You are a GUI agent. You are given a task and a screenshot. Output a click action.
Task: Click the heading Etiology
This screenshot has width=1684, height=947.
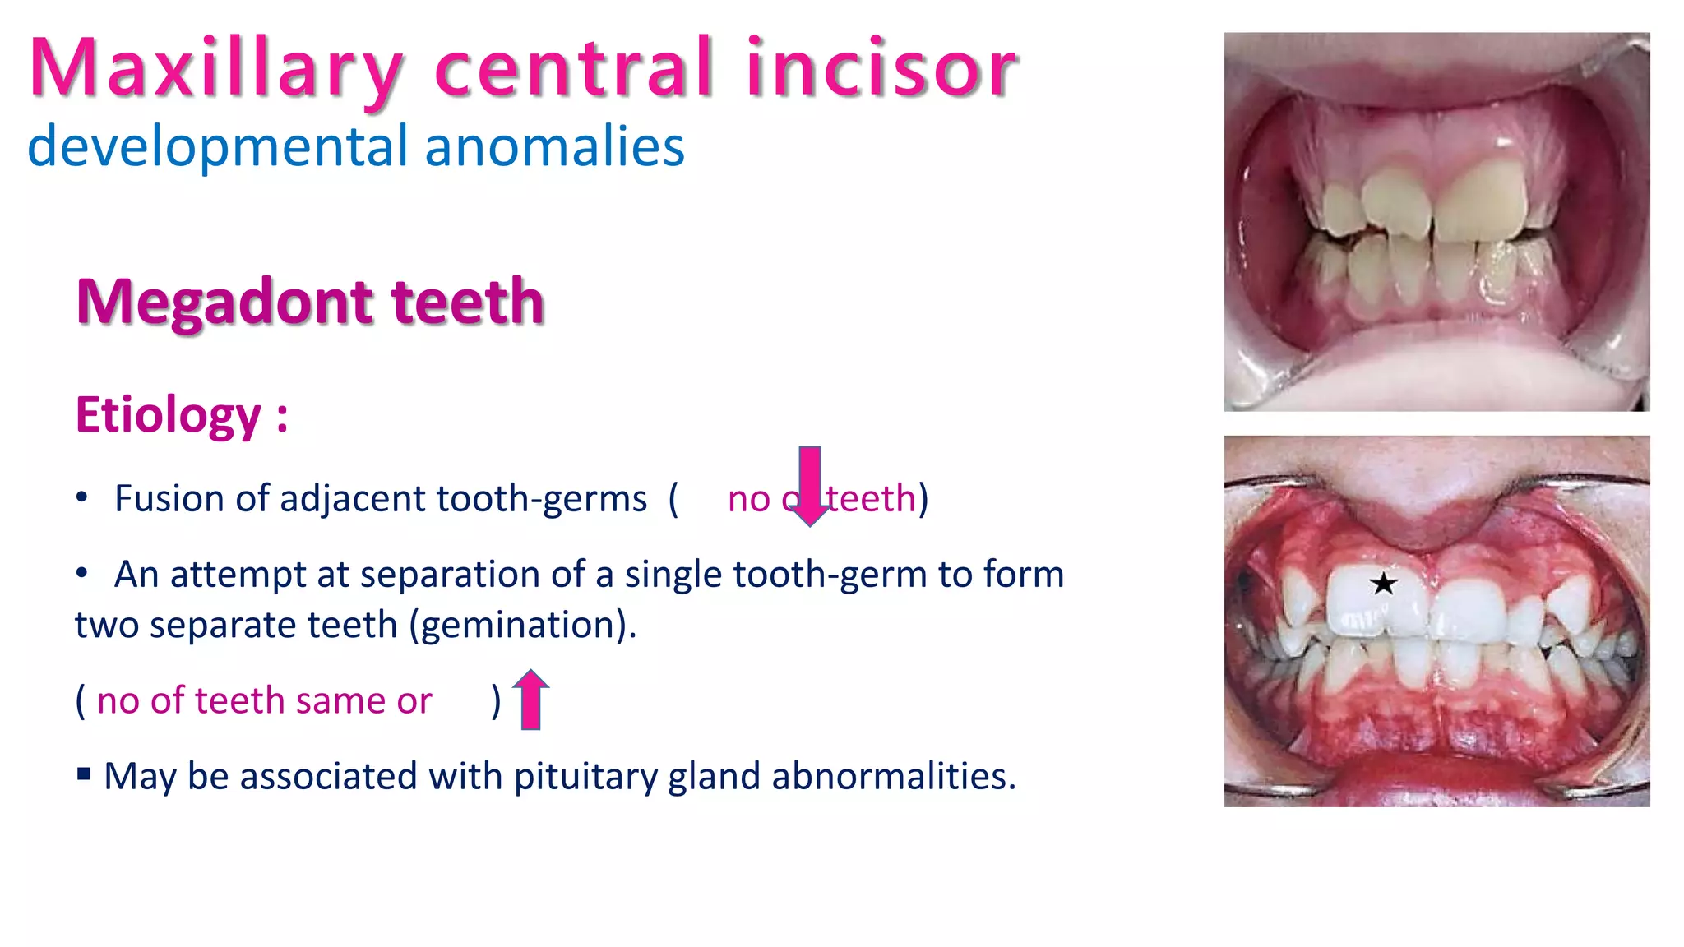tap(169, 415)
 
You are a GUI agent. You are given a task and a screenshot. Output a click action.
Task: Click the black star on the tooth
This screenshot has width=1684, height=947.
tap(1383, 584)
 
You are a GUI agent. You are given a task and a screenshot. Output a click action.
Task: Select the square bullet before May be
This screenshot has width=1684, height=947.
tap(83, 774)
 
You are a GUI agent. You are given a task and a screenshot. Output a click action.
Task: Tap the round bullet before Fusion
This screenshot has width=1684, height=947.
tap(81, 497)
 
